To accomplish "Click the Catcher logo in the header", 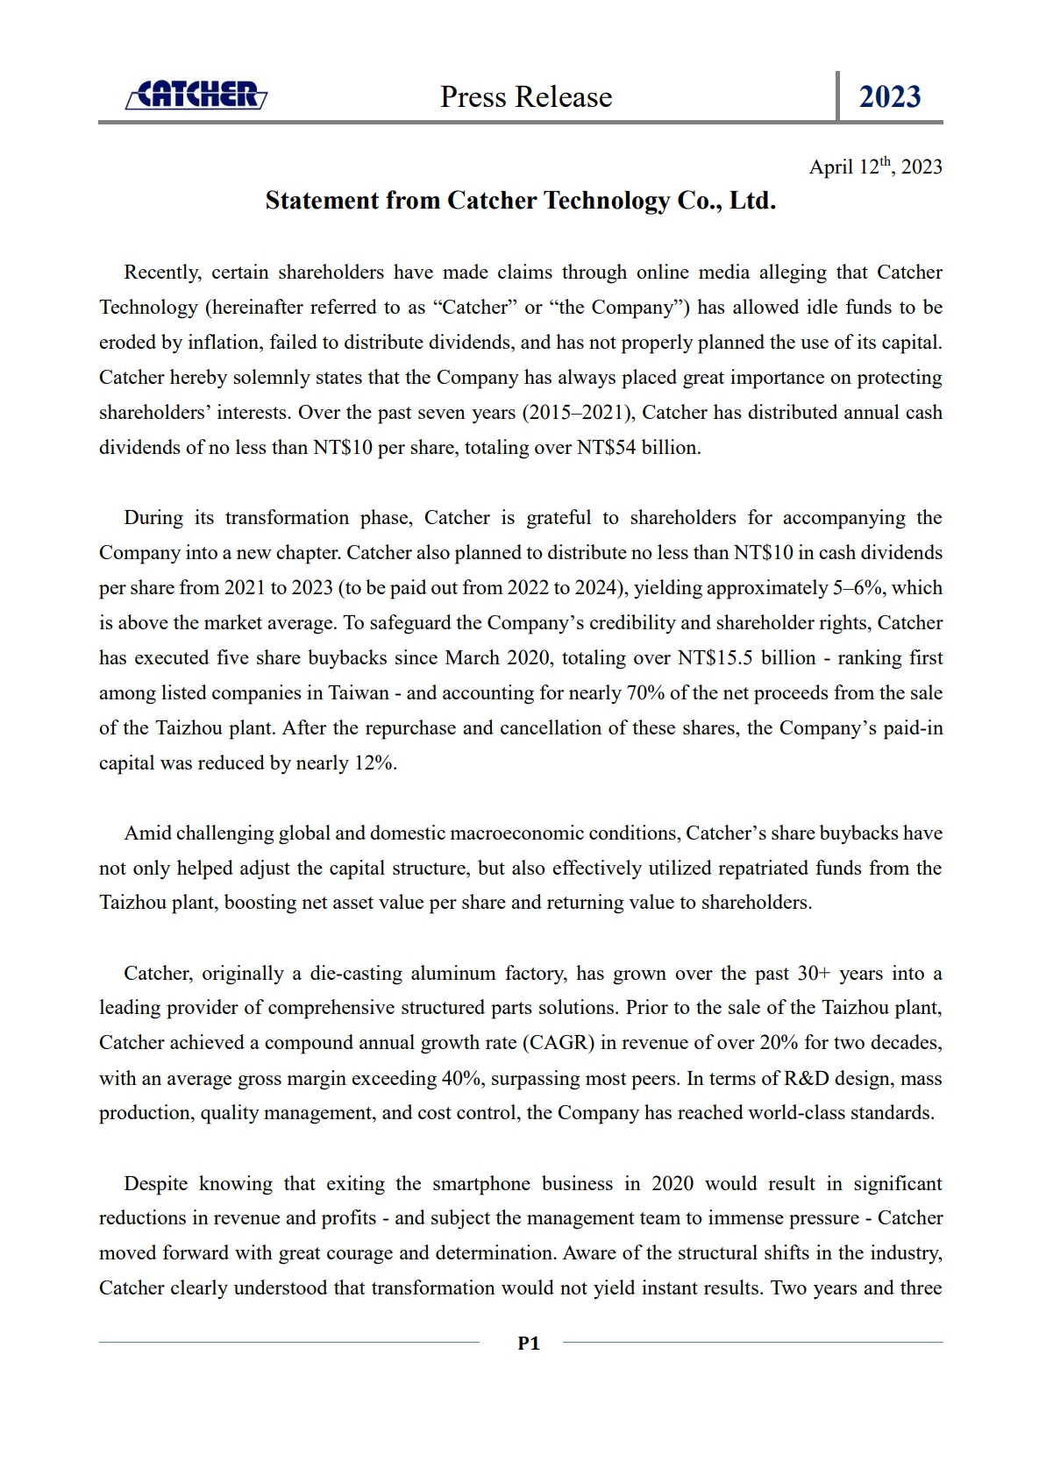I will click(x=196, y=95).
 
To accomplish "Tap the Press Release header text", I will click(x=525, y=96).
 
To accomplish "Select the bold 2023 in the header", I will click(x=889, y=96).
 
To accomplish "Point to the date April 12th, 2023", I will click(x=875, y=167).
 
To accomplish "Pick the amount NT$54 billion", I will click(x=637, y=448).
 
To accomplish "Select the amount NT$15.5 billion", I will click(x=747, y=658).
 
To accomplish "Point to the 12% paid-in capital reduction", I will click(x=374, y=763).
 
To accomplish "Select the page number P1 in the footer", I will click(x=529, y=1343).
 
